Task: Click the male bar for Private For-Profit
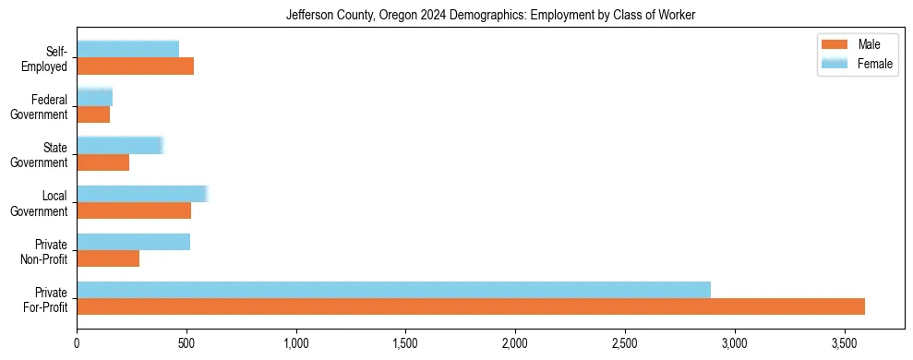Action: pos(471,306)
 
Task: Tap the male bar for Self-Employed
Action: pos(135,66)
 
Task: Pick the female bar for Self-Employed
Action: pos(127,49)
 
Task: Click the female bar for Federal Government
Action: pos(94,97)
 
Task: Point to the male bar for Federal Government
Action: pos(93,114)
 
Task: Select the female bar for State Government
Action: pos(119,145)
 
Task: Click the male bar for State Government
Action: pos(102,162)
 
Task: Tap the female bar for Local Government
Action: pos(141,193)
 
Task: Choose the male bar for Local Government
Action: pos(134,210)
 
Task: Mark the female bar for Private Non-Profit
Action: pos(133,242)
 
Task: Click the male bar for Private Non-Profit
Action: pos(108,258)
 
